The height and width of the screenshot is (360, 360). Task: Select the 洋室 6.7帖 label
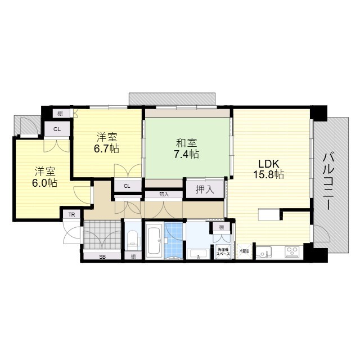pos(107,143)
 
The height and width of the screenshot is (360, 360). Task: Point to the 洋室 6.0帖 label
pos(44,177)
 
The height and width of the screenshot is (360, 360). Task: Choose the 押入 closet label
pos(205,190)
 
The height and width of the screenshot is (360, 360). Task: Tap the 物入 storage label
pos(164,195)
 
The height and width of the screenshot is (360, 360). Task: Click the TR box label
pos(71,215)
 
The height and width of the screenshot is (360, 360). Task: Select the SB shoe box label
pos(102,256)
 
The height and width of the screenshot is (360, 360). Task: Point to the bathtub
pos(154,242)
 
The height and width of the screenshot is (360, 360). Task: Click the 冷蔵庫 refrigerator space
pos(244,251)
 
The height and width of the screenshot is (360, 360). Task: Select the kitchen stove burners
pos(293,251)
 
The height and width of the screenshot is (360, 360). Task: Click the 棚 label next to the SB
pos(133,256)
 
